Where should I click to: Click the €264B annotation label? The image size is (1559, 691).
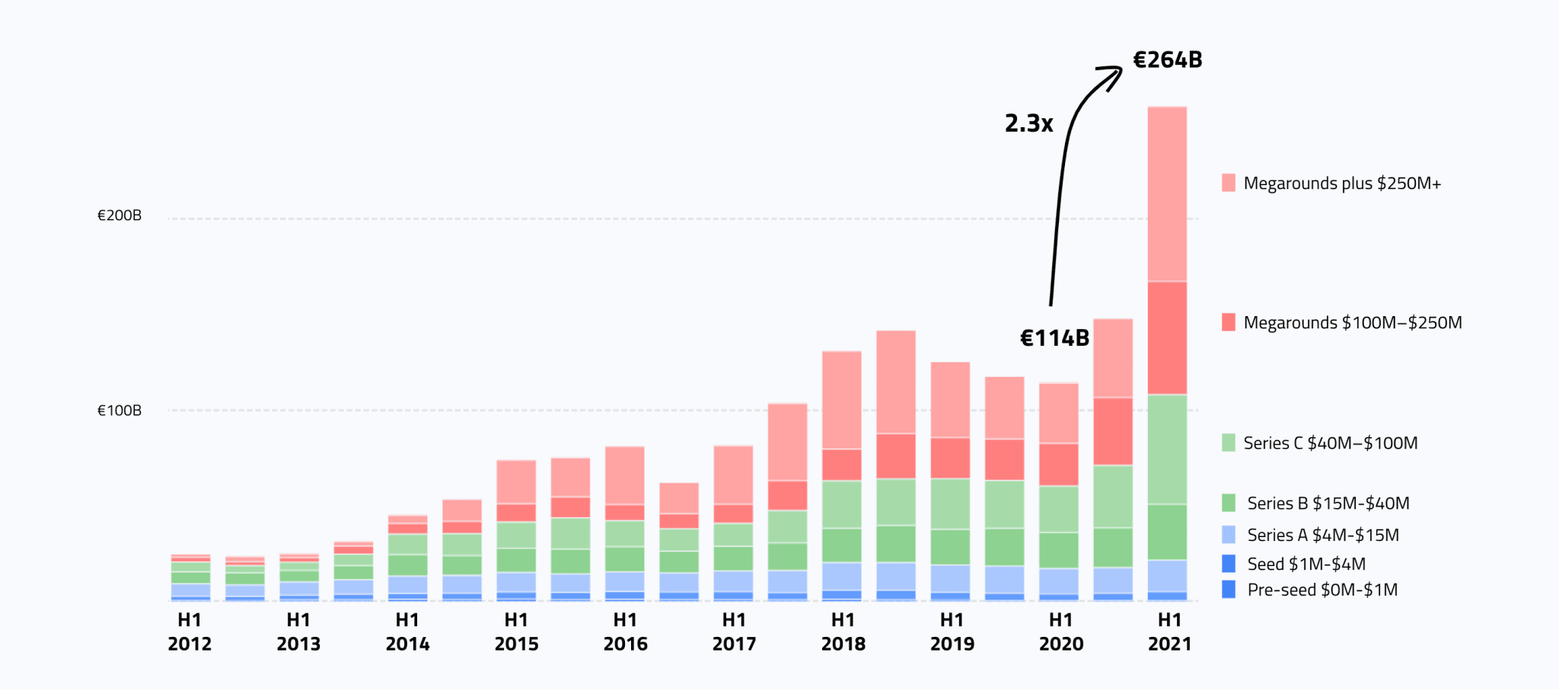click(1167, 60)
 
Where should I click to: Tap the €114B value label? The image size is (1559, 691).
click(1054, 338)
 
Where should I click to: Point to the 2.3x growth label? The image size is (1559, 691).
click(1028, 123)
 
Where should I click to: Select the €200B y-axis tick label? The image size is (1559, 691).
click(120, 216)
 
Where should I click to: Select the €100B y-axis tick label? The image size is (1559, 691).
click(120, 411)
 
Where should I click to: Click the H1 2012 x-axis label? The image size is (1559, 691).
click(190, 632)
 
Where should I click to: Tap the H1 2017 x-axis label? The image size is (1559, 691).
click(734, 632)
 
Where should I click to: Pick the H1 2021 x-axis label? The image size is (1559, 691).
click(1169, 632)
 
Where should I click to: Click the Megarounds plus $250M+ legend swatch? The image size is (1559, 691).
click(1229, 183)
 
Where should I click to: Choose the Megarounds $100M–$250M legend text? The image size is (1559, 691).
click(1353, 323)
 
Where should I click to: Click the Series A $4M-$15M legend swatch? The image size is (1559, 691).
click(1229, 535)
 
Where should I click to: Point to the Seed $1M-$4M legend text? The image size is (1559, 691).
click(1306, 565)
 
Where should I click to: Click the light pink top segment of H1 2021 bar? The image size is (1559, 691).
click(1167, 194)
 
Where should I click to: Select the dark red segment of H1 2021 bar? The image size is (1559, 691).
click(1167, 338)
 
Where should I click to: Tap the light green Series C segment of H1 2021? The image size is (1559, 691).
click(1167, 449)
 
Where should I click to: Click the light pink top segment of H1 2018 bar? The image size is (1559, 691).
click(841, 400)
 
